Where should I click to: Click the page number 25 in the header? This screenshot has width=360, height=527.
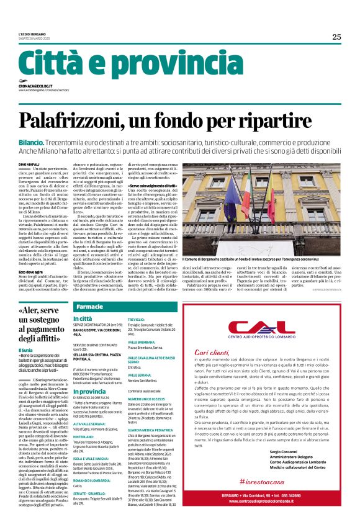(x=336, y=37)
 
